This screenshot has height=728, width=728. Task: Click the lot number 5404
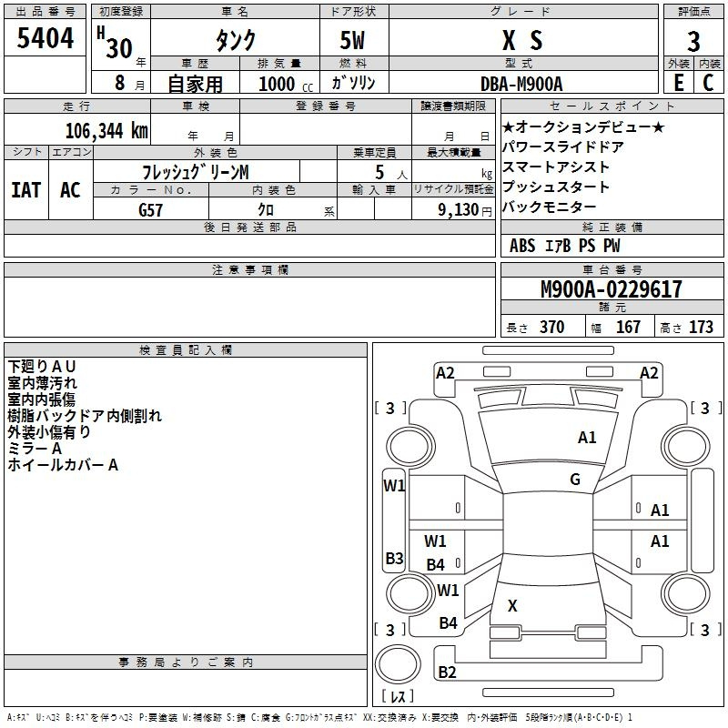point(45,38)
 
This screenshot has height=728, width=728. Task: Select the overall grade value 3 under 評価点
point(693,42)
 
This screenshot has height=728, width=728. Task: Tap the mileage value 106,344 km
point(106,131)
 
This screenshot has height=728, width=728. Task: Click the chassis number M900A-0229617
point(612,289)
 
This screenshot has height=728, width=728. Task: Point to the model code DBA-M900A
point(521,84)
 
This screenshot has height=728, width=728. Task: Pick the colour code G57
point(150,210)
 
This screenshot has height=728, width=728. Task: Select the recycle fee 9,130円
point(465,210)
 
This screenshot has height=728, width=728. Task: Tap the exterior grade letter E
point(679,83)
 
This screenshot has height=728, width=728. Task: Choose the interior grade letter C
point(708,83)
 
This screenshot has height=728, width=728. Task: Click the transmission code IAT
point(25,190)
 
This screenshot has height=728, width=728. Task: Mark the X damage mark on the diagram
point(512,605)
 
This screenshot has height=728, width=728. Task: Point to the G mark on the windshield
point(575,480)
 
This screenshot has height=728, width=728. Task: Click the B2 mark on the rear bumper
point(447,672)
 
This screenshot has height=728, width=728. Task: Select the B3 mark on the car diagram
point(394,558)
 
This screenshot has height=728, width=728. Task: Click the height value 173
point(701,328)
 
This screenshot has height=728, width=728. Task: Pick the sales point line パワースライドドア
point(562,147)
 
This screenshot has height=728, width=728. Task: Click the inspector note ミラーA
point(35,449)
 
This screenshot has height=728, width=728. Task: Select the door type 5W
point(352,41)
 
